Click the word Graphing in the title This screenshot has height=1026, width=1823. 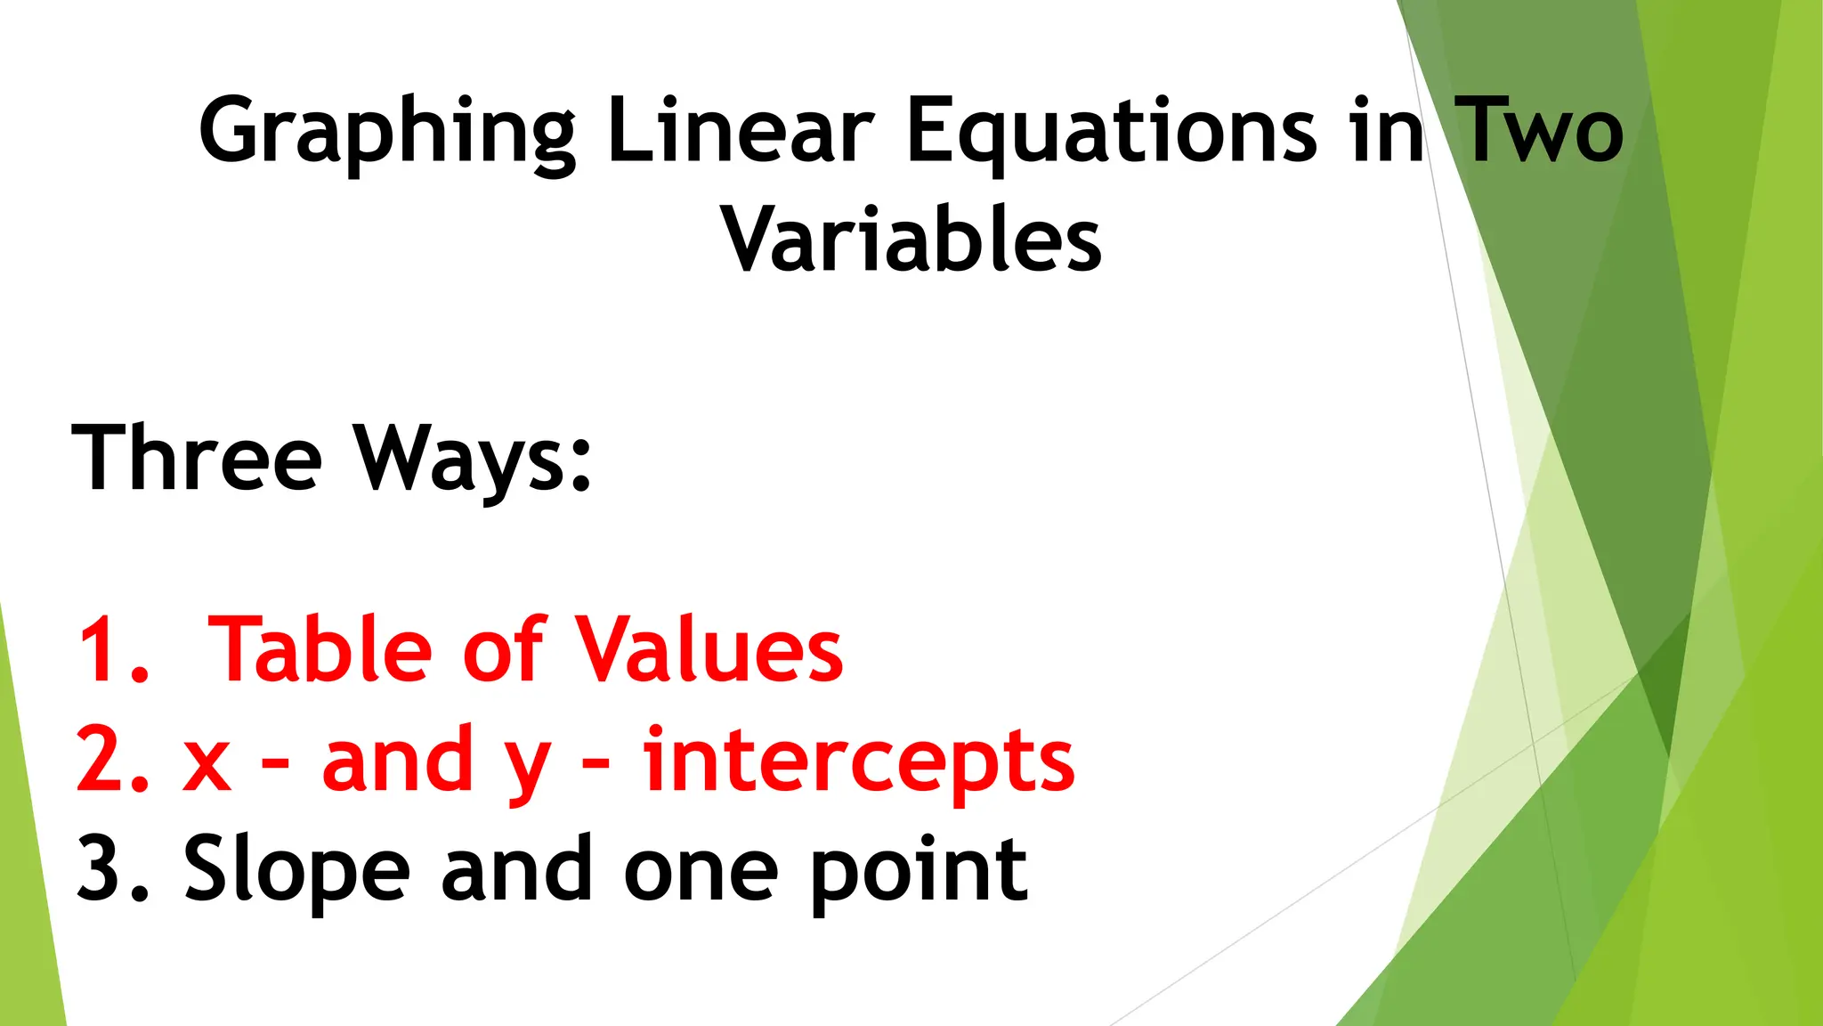coord(387,134)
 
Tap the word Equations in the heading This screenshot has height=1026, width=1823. coord(1111,134)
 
